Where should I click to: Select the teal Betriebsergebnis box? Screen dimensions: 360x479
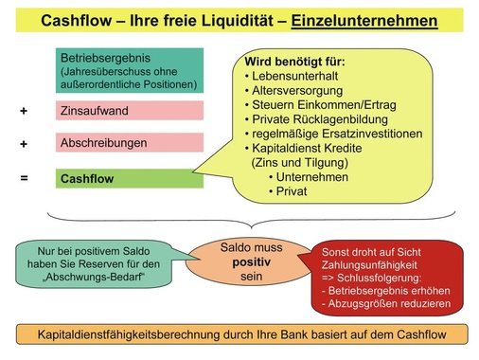pos(130,70)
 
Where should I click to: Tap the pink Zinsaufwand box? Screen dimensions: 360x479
pos(130,111)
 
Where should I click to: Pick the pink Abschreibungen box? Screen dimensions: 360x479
pos(130,143)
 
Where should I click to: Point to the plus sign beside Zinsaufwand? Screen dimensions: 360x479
pos(24,111)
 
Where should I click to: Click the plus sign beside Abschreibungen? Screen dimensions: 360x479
pos(24,144)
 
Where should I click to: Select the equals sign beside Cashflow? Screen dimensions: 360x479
pos(24,177)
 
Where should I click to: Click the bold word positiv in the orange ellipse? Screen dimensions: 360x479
pos(239,259)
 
